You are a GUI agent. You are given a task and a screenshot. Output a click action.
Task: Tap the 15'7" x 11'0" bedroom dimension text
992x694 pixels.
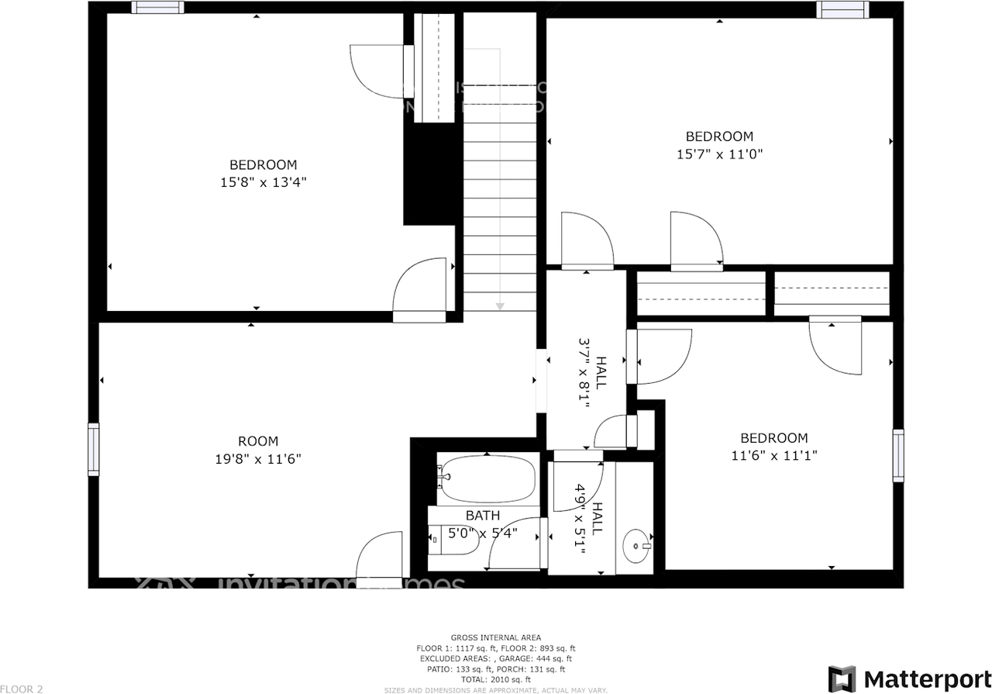720,154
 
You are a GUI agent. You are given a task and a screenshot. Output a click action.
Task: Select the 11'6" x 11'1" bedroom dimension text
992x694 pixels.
774,456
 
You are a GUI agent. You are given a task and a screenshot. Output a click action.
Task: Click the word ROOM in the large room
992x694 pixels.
258,441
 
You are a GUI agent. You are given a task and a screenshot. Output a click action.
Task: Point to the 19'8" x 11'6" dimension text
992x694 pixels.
258,459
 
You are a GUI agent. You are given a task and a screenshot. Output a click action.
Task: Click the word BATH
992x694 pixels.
483,516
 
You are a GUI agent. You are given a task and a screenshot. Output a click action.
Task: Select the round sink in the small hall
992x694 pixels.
637,546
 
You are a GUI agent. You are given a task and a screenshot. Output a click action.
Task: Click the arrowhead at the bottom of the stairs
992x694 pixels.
500,306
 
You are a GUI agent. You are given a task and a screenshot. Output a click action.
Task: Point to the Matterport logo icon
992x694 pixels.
842,678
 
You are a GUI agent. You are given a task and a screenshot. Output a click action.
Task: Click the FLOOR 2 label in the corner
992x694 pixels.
22,689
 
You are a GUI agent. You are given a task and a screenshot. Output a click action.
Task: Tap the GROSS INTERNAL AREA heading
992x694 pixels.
495,637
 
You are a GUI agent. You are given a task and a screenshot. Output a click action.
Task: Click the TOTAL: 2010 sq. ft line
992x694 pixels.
495,679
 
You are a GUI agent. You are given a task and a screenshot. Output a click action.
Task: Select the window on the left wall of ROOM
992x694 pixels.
94,450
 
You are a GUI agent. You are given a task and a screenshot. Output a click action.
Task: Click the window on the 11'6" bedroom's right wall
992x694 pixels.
898,455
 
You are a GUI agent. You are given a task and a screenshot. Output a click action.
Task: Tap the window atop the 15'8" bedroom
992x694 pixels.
157,8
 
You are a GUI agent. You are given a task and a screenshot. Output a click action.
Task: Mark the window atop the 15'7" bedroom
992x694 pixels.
842,9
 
